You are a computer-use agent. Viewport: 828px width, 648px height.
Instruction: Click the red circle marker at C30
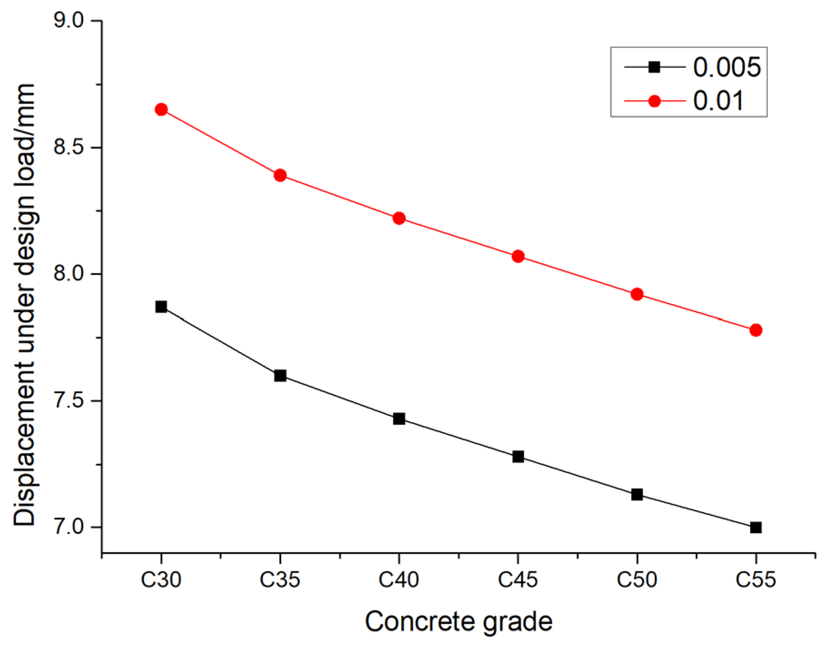point(161,110)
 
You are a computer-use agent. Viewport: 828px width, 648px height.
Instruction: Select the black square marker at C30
point(161,307)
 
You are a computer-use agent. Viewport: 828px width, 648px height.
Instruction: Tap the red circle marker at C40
point(399,218)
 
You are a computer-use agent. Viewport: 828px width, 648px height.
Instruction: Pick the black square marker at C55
point(756,528)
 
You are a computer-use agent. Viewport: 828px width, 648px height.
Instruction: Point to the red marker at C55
point(756,330)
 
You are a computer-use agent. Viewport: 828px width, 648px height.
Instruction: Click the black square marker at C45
point(518,457)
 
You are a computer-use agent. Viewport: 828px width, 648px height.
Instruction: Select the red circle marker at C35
point(280,175)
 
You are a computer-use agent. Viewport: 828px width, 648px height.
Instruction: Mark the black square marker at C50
point(637,494)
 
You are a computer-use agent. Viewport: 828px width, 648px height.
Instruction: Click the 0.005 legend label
point(727,67)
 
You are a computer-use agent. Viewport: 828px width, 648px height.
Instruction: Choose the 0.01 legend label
point(718,101)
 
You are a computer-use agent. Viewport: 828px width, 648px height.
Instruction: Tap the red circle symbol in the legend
point(654,101)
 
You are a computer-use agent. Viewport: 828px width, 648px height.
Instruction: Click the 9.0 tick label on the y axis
point(69,21)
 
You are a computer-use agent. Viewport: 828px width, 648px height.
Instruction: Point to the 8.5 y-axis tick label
point(69,147)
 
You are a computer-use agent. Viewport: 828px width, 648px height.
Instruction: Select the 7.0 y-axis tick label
point(69,527)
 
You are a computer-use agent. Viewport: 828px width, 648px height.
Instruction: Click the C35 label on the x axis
point(280,580)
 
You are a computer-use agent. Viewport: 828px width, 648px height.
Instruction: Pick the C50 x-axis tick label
point(637,580)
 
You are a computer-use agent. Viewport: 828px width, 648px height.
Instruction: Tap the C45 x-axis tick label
point(518,580)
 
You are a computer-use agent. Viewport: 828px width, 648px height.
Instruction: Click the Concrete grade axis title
point(459,622)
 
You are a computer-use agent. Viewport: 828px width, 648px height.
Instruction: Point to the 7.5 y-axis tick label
point(69,401)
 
